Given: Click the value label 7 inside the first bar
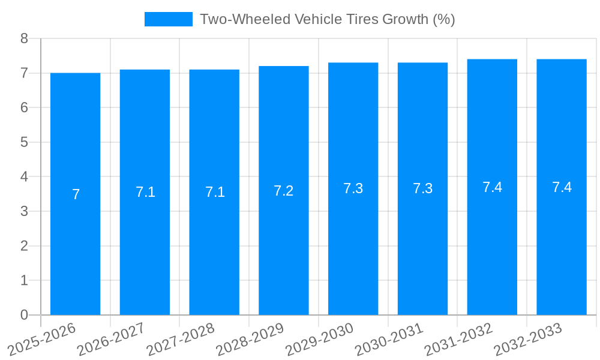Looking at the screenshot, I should (76, 194).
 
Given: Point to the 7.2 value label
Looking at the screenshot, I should (284, 191).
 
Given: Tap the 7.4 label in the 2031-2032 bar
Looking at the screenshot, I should (492, 187).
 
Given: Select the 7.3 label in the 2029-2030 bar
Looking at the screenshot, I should (353, 188).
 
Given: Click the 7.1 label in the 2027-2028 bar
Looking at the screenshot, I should (215, 192).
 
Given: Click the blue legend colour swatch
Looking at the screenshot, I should (169, 19).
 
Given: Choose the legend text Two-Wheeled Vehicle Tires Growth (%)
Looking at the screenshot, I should (327, 19).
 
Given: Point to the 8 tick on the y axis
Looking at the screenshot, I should (24, 38).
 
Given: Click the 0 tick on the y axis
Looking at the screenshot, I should (24, 315).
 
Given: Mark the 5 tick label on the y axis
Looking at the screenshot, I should (24, 142).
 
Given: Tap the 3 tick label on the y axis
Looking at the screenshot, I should (24, 211).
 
